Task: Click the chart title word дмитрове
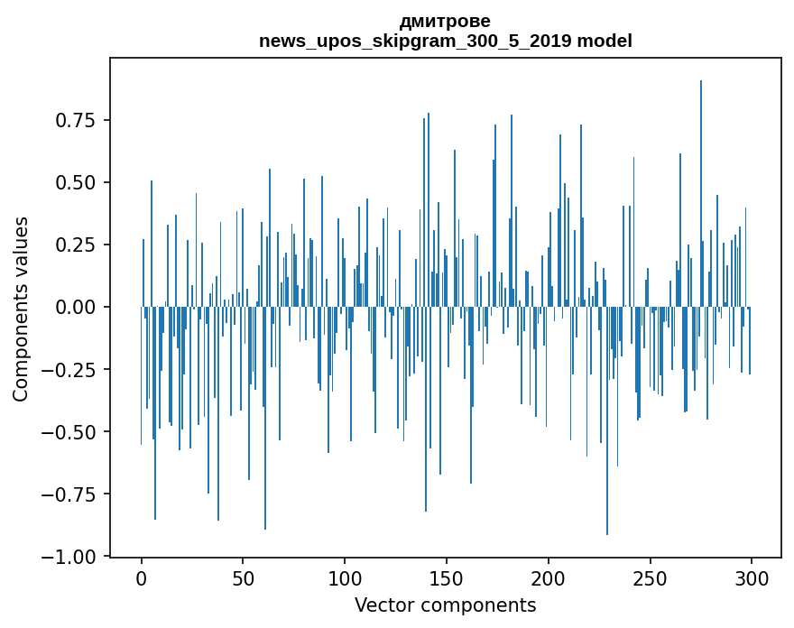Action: tap(445, 21)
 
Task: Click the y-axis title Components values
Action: tap(21, 308)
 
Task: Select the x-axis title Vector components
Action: tap(445, 605)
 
